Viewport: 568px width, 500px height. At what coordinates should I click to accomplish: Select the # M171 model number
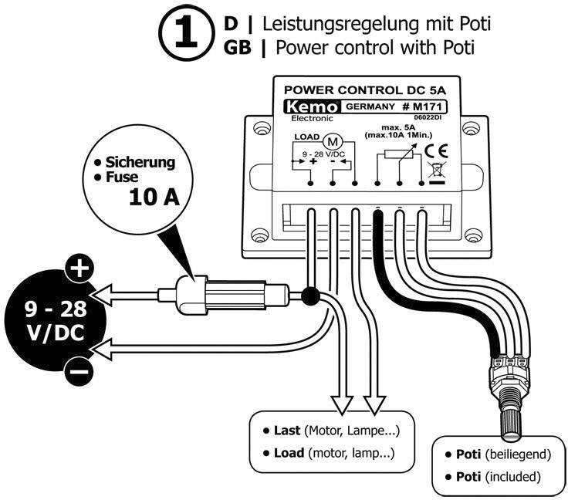point(425,107)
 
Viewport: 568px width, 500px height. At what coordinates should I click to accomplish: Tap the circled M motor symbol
point(334,142)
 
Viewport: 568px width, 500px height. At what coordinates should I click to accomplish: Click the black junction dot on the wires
point(311,296)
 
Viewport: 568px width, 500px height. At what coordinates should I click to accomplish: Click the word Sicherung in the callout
point(140,163)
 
